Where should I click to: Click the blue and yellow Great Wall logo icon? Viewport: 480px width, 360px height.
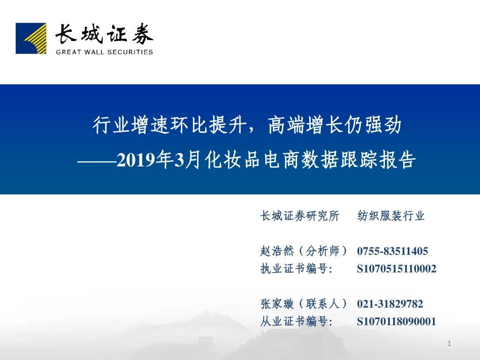[x=31, y=38]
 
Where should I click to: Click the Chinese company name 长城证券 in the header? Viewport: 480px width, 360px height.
[x=104, y=34]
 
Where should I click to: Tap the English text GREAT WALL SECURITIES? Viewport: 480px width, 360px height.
[x=104, y=52]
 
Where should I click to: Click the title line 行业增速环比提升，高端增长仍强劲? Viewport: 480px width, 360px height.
[x=247, y=125]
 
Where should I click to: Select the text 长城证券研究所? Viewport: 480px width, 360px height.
[x=300, y=216]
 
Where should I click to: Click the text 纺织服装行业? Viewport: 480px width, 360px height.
[x=391, y=216]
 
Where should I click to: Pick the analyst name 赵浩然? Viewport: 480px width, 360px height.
[x=277, y=251]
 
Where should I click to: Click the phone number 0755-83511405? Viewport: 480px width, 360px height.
[x=393, y=251]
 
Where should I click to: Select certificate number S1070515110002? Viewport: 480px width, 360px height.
[x=396, y=269]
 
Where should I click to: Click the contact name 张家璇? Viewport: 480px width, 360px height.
[x=277, y=304]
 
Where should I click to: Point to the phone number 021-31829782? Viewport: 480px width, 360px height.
[x=390, y=304]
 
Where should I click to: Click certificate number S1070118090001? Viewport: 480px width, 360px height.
[x=396, y=322]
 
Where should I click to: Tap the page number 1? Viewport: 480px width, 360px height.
[x=449, y=344]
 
